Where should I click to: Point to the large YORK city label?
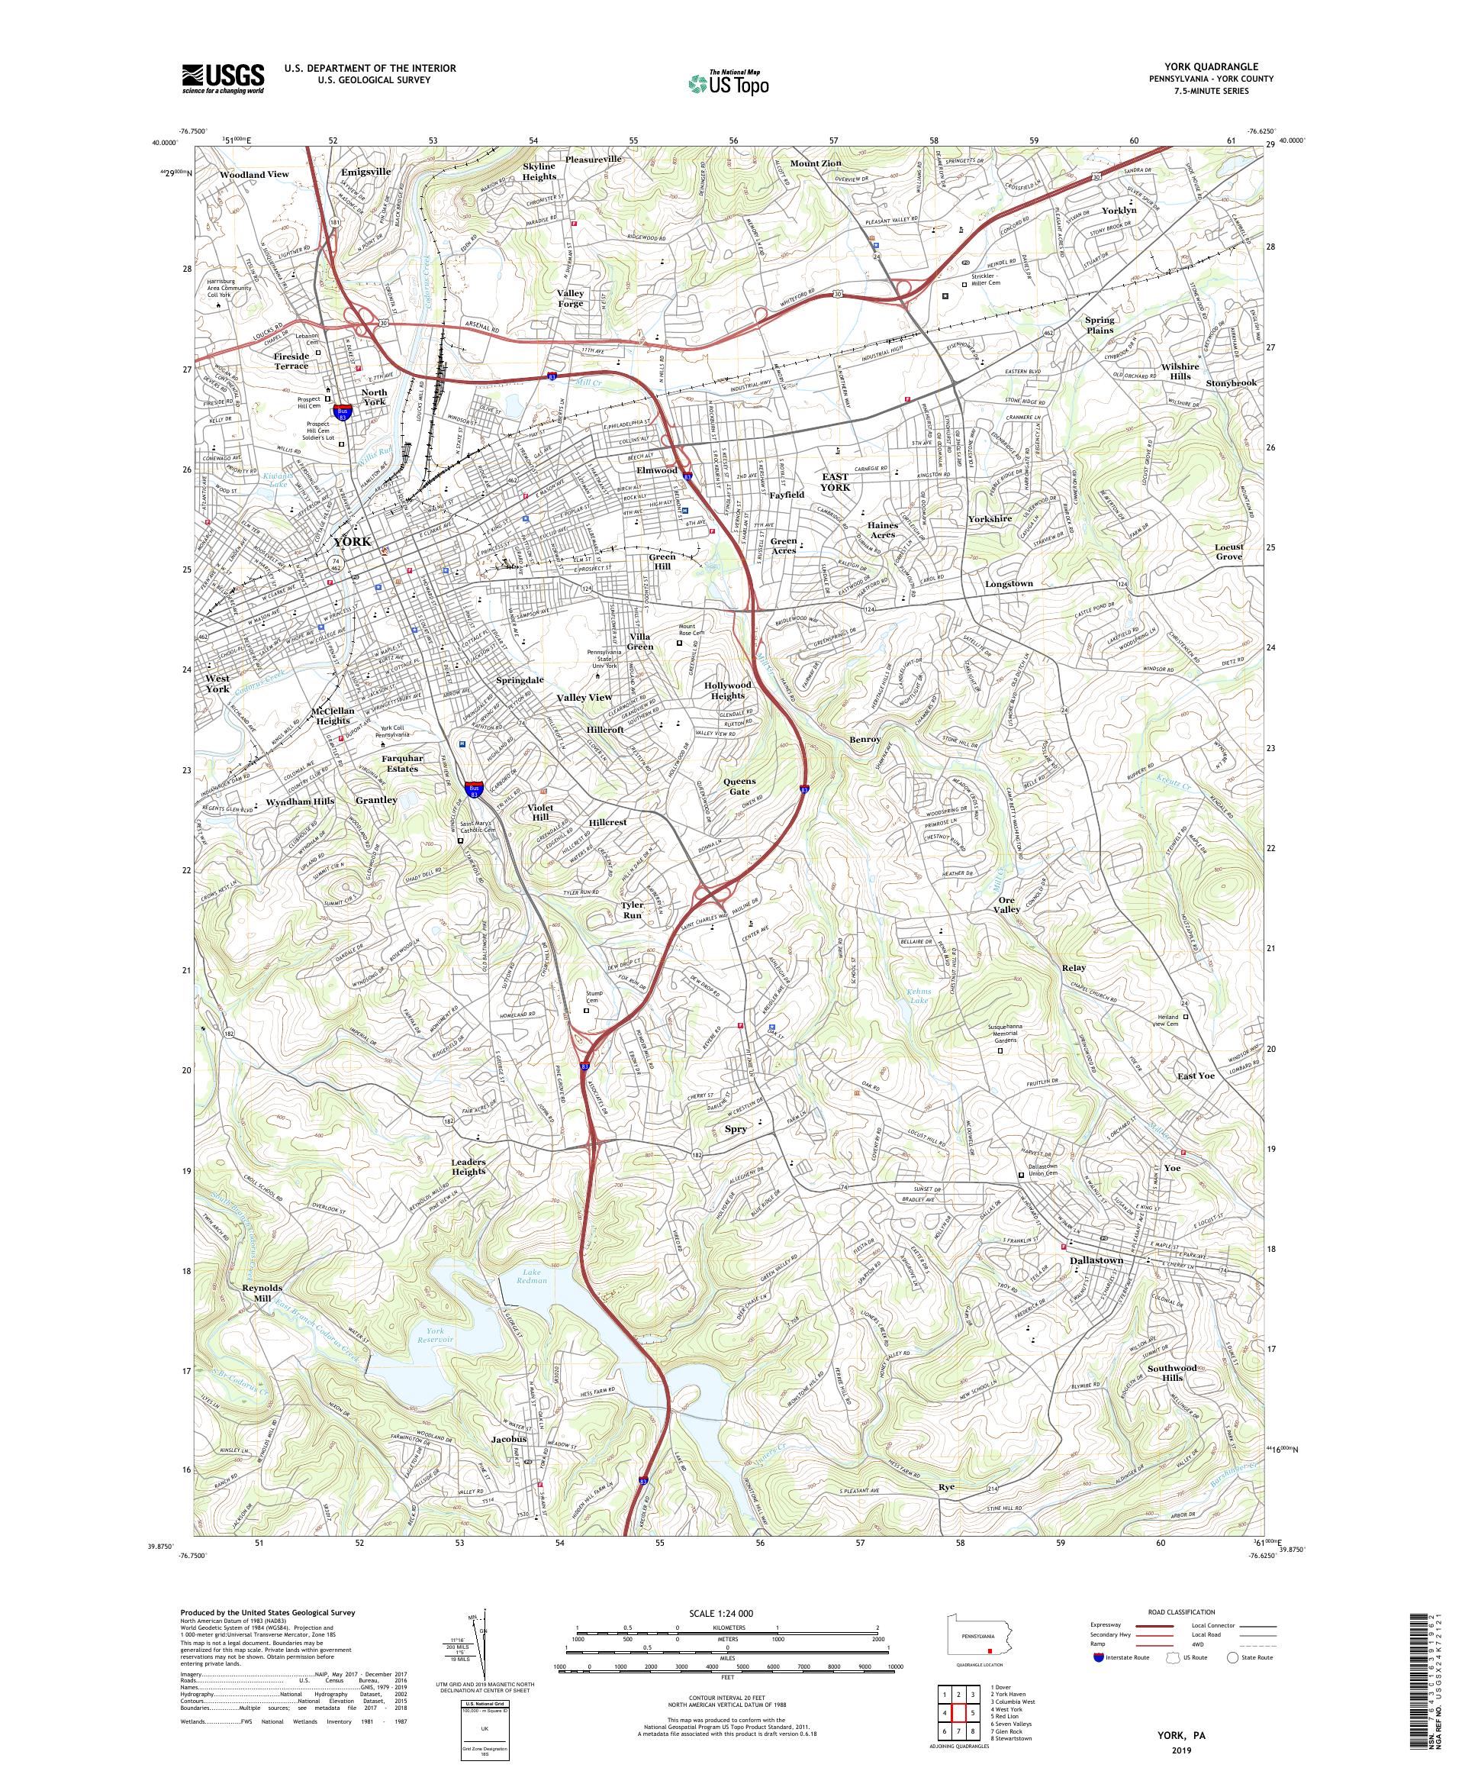[x=353, y=541]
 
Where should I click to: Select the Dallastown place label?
[x=1096, y=1260]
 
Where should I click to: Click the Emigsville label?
[x=365, y=171]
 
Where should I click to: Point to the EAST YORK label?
[x=836, y=482]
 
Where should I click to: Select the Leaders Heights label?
[x=468, y=1166]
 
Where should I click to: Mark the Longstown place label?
[x=1008, y=583]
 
